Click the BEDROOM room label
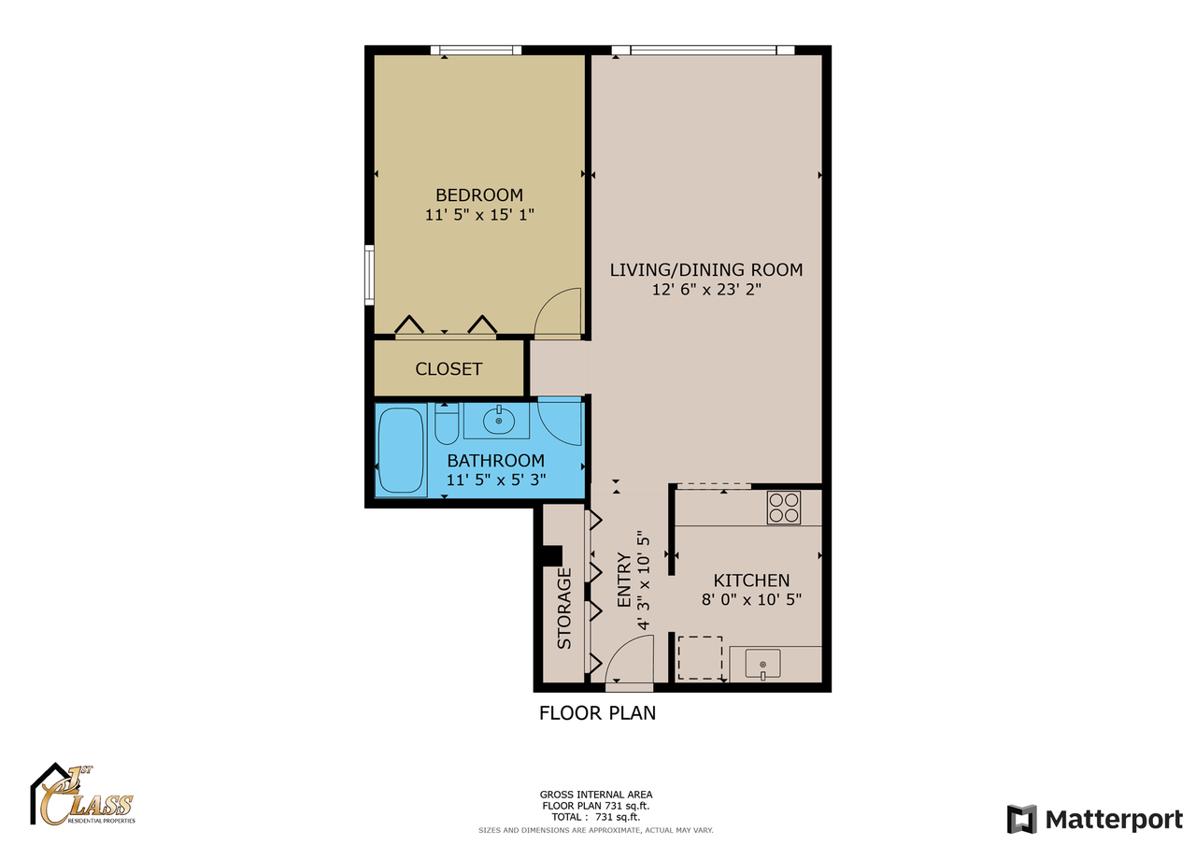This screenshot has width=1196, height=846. click(479, 194)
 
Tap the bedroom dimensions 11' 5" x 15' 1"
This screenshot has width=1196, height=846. click(479, 215)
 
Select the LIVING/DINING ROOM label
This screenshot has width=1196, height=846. click(706, 270)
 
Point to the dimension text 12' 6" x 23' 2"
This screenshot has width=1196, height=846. click(706, 291)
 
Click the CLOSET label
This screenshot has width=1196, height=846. click(448, 369)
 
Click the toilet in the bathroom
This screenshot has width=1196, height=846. click(447, 425)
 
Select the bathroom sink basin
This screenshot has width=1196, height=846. click(499, 421)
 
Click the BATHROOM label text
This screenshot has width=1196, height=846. click(495, 460)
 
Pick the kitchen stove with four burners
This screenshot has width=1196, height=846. click(784, 508)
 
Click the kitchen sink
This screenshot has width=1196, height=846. click(764, 665)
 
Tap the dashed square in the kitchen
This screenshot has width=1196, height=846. click(700, 658)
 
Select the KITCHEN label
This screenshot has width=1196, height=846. click(751, 581)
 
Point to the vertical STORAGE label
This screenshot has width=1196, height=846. click(564, 609)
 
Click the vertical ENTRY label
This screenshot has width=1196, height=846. click(624, 582)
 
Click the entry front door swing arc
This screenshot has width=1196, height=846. click(629, 659)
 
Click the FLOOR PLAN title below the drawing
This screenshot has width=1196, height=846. click(597, 713)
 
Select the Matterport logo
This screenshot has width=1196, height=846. click(1094, 819)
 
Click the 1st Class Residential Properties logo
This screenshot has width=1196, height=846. click(84, 796)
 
